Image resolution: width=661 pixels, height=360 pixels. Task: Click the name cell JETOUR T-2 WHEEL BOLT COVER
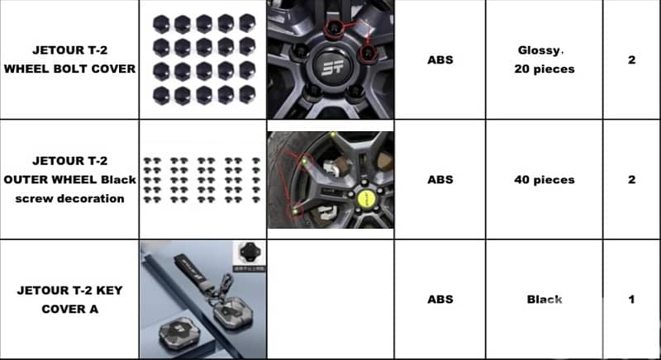click(69, 59)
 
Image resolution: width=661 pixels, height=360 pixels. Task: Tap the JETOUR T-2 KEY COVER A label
click(69, 300)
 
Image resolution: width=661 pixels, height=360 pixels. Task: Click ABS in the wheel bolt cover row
click(440, 59)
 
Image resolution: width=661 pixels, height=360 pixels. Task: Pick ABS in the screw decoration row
click(440, 180)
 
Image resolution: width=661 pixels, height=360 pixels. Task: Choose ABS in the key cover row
click(440, 300)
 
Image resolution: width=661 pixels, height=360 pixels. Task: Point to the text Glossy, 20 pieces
click(544, 59)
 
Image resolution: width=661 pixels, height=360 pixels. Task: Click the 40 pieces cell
click(544, 180)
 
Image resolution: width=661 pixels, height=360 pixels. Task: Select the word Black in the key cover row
click(544, 300)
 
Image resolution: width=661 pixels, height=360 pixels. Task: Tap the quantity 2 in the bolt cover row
click(631, 59)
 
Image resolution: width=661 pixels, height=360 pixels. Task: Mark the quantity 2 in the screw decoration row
click(631, 180)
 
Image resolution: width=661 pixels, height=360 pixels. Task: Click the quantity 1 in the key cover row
click(631, 300)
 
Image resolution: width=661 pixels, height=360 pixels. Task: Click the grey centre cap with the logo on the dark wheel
click(332, 66)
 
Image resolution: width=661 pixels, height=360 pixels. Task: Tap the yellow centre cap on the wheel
click(365, 199)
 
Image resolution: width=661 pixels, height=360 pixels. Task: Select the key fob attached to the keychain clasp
click(233, 314)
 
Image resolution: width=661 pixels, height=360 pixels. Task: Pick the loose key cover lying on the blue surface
click(178, 334)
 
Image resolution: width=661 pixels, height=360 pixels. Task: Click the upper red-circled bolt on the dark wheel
click(335, 28)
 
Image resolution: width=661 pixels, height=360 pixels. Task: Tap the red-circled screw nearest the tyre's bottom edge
click(296, 211)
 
